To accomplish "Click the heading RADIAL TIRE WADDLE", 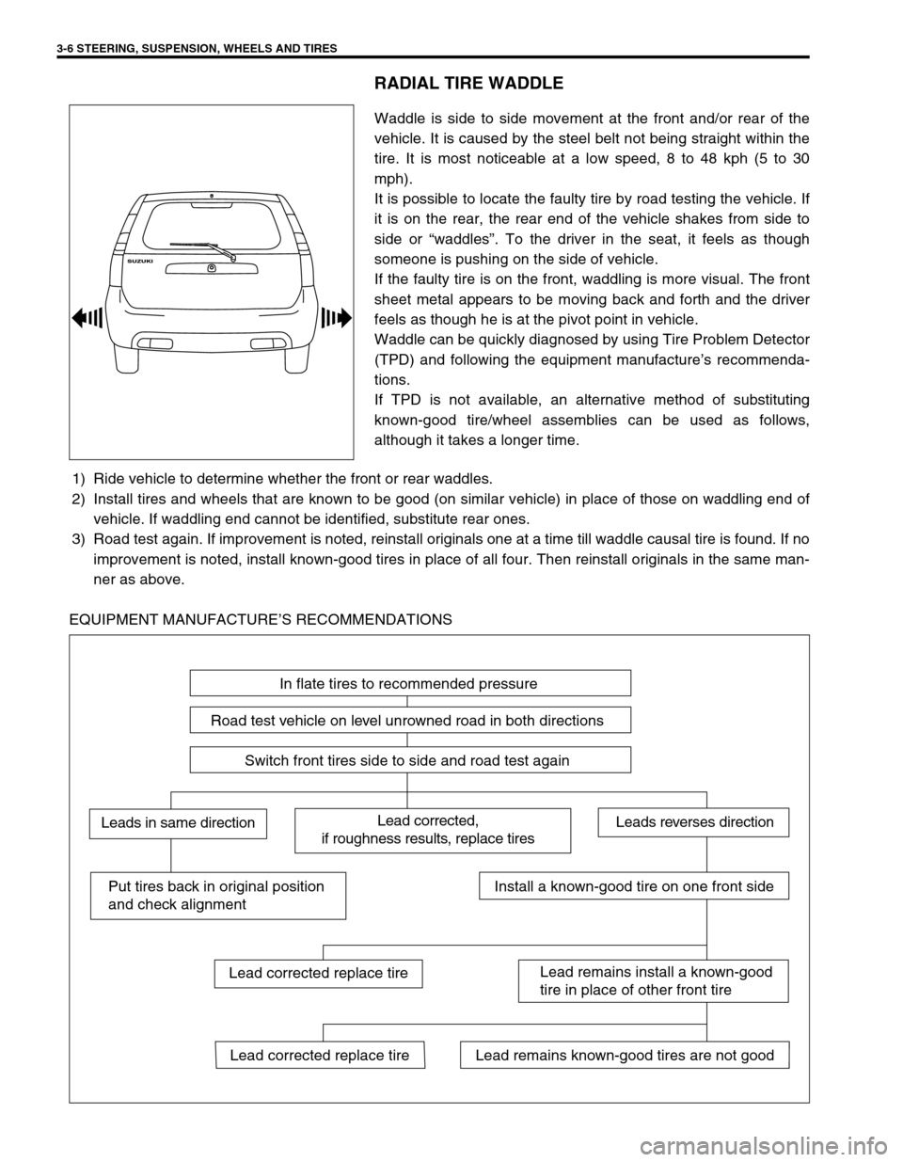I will coord(468,84).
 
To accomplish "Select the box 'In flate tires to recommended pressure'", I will coord(410,683).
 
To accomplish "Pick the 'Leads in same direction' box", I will coord(178,823).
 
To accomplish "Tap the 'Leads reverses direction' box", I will coord(694,822).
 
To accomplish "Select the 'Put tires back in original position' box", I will coord(217,895).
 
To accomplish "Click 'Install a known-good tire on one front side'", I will coord(634,885).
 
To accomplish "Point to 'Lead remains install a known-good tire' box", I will coord(653,980).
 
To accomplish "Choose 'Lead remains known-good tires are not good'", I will coord(625,1056).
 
